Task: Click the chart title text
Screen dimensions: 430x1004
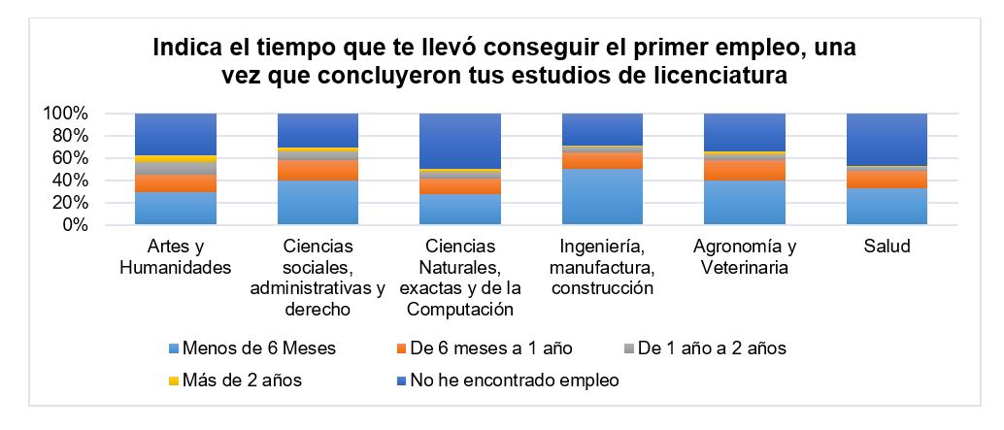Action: pos(504,61)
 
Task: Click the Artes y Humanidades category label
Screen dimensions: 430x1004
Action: pos(175,257)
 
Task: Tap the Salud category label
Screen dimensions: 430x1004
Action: pos(887,247)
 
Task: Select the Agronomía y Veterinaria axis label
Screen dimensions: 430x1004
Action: pos(745,257)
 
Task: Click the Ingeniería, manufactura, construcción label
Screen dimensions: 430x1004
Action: pos(603,267)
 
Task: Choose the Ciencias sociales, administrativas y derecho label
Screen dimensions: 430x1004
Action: pos(318,278)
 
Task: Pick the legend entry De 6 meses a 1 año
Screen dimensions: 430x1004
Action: pos(485,348)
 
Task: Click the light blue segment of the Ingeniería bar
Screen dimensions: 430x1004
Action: pos(603,197)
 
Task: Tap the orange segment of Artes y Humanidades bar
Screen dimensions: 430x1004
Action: pos(175,183)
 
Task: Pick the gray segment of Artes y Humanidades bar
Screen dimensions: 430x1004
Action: pos(175,168)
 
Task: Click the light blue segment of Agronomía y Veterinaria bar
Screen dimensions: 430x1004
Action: pos(745,203)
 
